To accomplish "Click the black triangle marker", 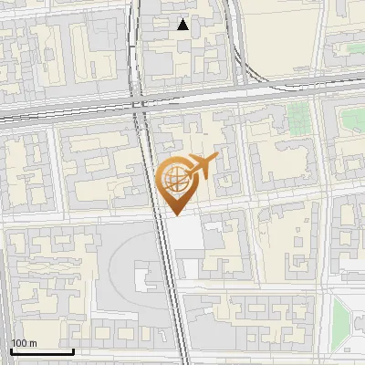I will (183, 25).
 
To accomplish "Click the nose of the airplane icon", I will (216, 157).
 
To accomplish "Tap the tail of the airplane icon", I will (188, 175).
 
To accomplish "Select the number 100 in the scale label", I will (19, 343).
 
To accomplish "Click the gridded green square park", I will (298, 116).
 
